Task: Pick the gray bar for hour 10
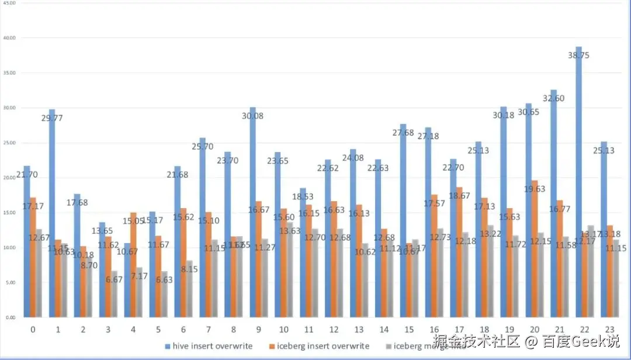(290, 269)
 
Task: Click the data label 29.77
(53, 117)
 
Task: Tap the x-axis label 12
(334, 330)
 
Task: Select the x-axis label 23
(609, 330)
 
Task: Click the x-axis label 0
(33, 330)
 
